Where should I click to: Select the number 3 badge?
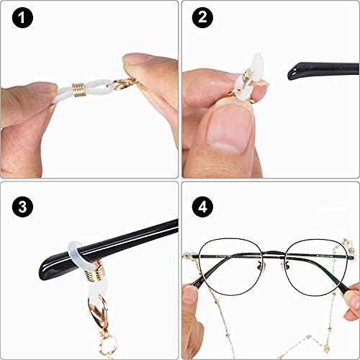(x=22, y=204)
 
